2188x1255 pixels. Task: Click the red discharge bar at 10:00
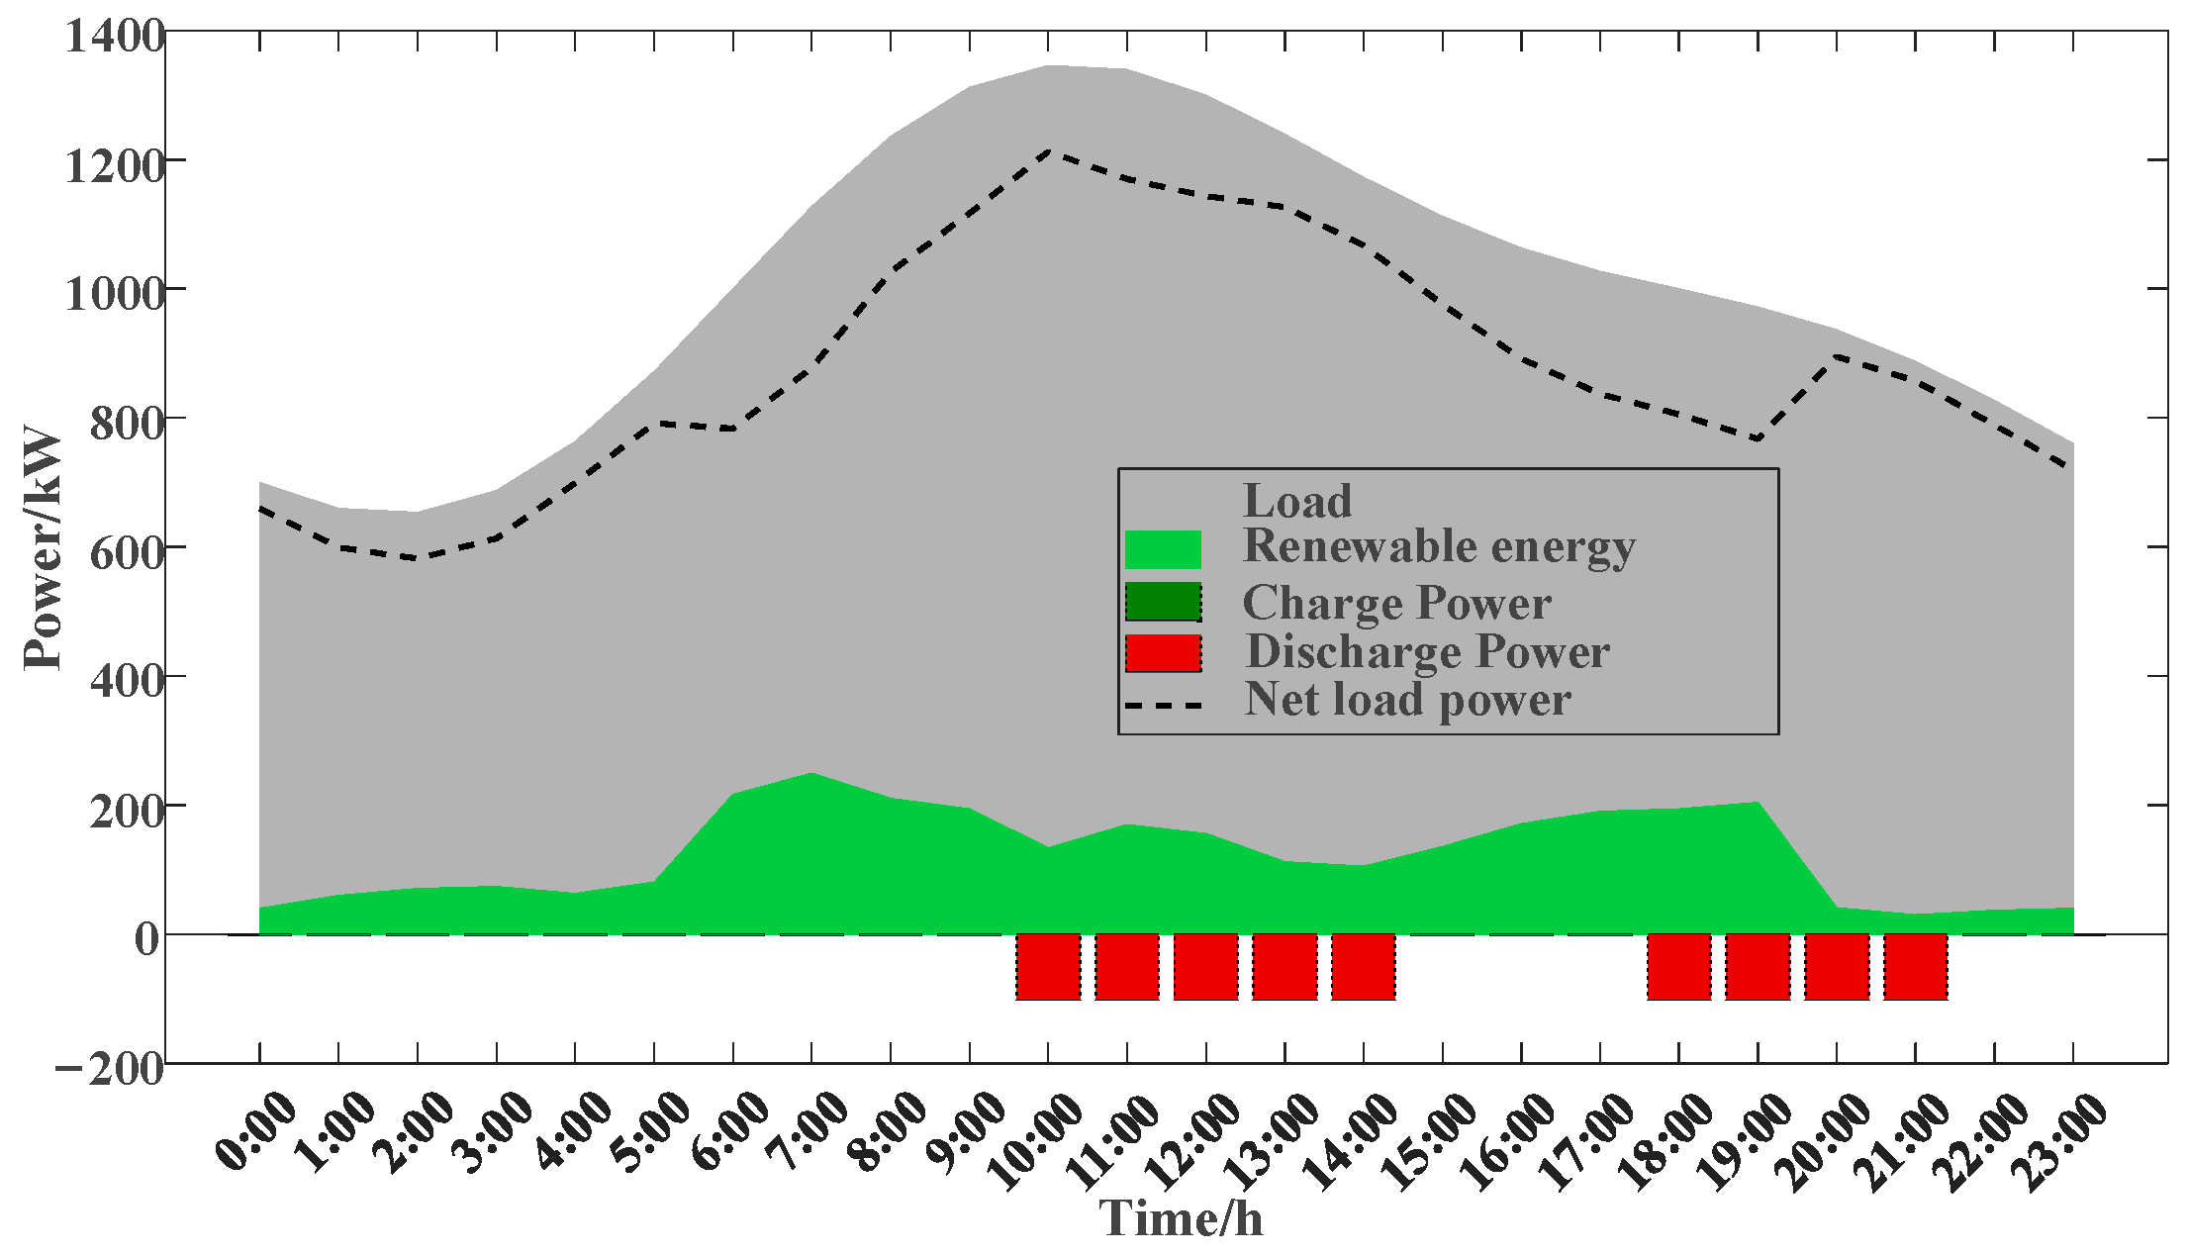[x=1048, y=967]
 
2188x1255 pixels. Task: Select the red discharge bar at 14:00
[x=1364, y=967]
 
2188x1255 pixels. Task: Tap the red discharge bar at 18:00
[x=1679, y=967]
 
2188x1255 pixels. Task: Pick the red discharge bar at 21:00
[x=1916, y=967]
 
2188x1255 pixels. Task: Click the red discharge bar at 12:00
[x=1205, y=967]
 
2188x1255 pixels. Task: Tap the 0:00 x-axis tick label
[x=255, y=1131]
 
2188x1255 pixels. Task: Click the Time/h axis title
[x=1181, y=1217]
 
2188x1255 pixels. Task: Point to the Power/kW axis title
[x=44, y=547]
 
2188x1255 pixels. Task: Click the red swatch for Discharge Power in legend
[x=1163, y=653]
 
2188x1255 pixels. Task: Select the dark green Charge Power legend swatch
[x=1163, y=602]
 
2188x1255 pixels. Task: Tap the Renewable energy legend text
[x=1438, y=546]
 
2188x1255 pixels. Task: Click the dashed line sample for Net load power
[x=1163, y=706]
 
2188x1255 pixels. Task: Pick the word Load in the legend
[x=1296, y=501]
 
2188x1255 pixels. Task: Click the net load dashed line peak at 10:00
[x=1048, y=151]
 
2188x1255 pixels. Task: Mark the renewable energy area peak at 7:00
[x=811, y=775]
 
